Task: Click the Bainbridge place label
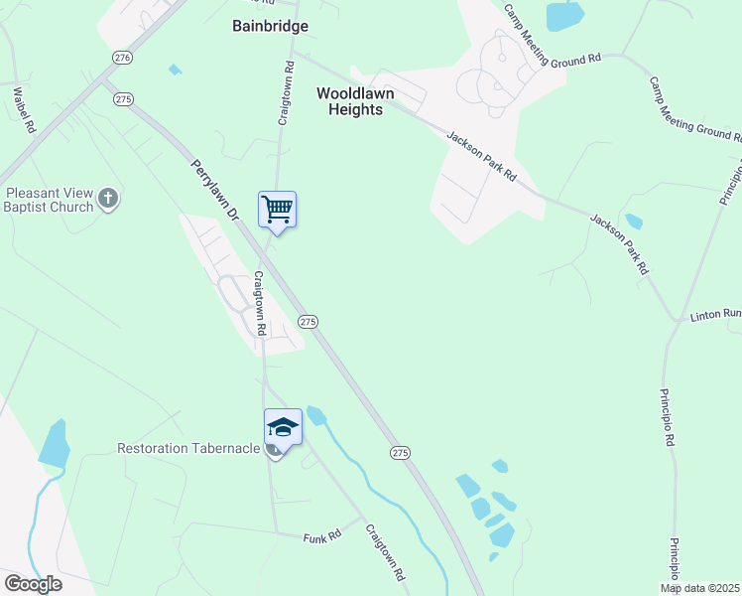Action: (270, 26)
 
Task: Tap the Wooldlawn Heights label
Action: (355, 101)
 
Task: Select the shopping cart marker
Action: (278, 210)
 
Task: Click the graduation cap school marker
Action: (283, 427)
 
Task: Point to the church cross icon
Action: (109, 200)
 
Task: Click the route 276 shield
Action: (122, 59)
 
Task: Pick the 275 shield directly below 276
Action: (123, 98)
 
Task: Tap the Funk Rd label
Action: (322, 535)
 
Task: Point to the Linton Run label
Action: (715, 315)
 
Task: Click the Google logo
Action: (32, 584)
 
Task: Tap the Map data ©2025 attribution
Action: (700, 588)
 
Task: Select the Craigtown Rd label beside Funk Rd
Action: (386, 553)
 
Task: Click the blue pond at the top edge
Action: (564, 15)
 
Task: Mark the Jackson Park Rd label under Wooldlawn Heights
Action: (482, 156)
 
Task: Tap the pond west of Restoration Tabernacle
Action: (55, 443)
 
